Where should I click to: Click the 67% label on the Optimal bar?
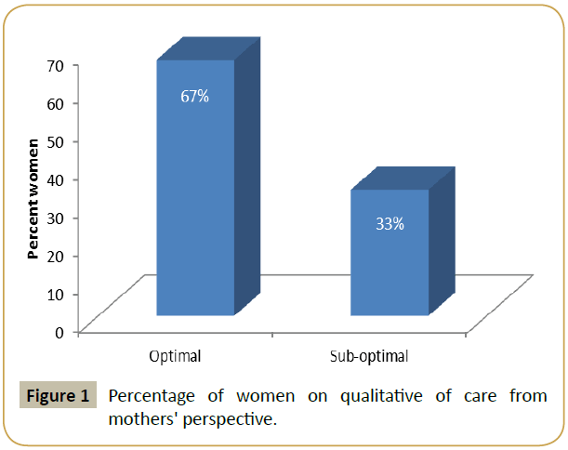(x=195, y=96)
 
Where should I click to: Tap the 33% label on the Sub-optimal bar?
(x=390, y=223)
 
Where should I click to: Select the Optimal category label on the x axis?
(x=175, y=356)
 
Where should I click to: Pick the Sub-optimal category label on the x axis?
(x=369, y=356)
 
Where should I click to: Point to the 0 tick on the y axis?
(x=59, y=332)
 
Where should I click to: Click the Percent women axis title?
(x=33, y=198)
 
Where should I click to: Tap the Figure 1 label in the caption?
(x=58, y=396)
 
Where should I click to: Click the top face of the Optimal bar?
(x=207, y=49)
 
